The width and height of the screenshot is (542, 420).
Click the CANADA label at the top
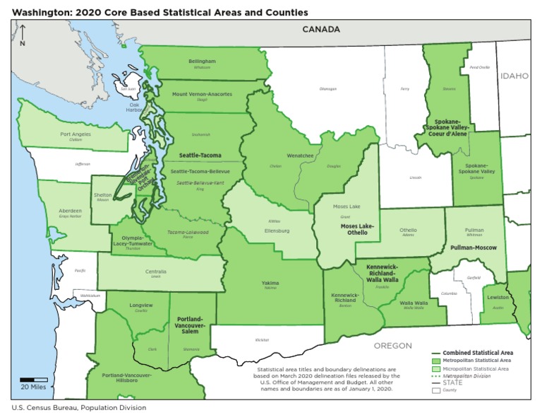coord(321,30)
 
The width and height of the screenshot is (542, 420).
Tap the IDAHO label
coord(514,75)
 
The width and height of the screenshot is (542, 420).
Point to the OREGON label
coord(392,345)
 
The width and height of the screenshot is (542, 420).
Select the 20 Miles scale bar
coord(33,380)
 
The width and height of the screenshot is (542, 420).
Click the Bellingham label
coord(202,62)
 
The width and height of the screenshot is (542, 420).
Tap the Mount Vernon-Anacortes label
coord(202,94)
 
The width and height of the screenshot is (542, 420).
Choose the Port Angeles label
coord(76,134)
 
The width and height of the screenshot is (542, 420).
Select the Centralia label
coord(156,272)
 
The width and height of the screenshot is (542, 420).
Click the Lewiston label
coord(498,298)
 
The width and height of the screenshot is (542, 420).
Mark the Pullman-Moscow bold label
coord(472,248)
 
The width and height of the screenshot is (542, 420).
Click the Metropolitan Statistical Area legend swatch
coord(436,361)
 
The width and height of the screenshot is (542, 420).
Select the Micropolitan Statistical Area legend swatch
coord(436,368)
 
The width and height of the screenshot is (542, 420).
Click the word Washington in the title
coord(39,13)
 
